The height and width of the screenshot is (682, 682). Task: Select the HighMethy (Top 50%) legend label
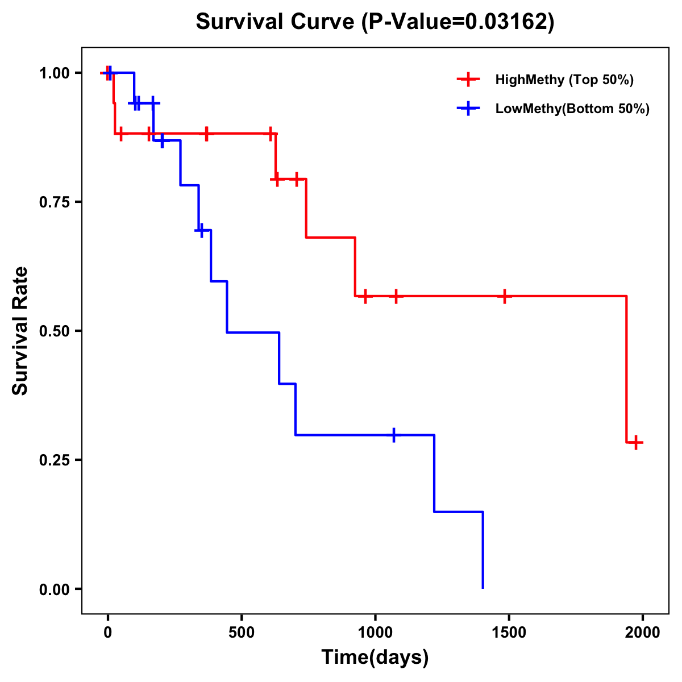coord(564,80)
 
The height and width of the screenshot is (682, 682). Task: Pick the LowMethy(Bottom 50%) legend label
coord(572,109)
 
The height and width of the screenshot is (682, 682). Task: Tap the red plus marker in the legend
coord(468,80)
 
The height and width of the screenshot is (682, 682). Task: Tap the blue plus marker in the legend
coord(468,109)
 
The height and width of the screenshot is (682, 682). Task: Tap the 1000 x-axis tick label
coord(375,632)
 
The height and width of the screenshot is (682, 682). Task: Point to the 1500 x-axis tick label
coord(509,632)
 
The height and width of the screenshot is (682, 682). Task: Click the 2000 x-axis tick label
coord(643,632)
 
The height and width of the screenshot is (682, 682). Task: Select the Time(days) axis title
coord(375,657)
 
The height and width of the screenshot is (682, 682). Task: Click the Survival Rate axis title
coord(20,330)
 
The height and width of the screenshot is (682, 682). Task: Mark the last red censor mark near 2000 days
coord(637,442)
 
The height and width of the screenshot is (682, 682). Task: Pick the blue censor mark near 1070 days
coord(394,435)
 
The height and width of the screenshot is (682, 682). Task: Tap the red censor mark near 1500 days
coord(504,296)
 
